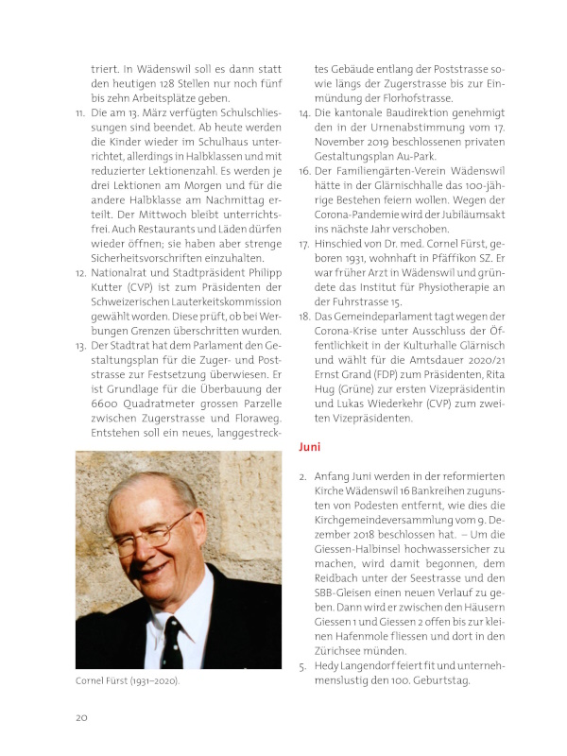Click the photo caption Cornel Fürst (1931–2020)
(x=129, y=679)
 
